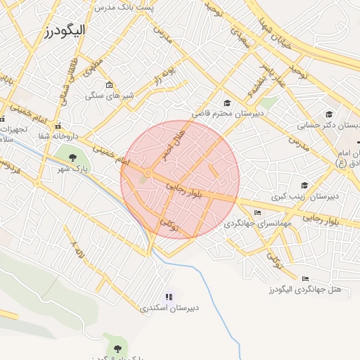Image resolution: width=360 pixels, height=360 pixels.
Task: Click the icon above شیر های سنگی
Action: point(109,86)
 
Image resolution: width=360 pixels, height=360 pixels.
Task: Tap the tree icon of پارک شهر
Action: point(74,157)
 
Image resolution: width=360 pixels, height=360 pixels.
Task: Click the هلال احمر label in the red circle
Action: point(174,143)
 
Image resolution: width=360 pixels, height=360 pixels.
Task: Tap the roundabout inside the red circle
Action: point(148,173)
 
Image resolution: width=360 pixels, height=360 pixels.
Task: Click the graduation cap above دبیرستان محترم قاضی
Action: point(227,103)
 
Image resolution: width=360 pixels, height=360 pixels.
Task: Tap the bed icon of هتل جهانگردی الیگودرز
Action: point(305,278)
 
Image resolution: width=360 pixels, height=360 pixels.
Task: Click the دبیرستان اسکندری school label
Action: point(169,308)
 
